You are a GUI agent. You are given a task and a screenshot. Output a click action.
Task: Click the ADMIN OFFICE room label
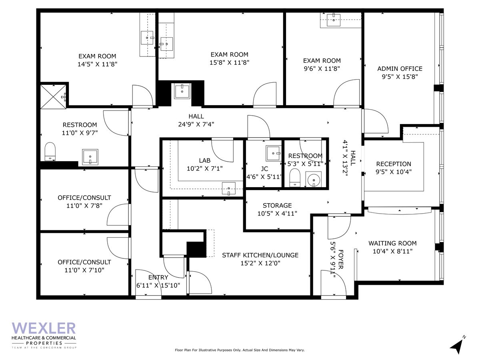click(x=400, y=68)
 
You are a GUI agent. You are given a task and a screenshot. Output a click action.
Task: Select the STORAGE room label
click(x=277, y=205)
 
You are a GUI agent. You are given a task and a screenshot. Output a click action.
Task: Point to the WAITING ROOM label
click(x=392, y=243)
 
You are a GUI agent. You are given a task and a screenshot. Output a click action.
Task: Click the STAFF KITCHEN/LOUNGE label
click(x=260, y=255)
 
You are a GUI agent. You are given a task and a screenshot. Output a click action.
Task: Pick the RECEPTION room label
click(x=393, y=164)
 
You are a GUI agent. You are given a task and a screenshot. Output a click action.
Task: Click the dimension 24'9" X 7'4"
click(x=196, y=124)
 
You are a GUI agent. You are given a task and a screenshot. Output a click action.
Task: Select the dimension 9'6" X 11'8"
click(x=322, y=68)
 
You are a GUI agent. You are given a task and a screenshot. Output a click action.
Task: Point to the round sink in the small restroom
click(x=314, y=180)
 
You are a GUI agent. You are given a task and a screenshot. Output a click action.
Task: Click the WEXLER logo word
click(x=44, y=328)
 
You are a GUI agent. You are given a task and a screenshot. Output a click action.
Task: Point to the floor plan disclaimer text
click(x=240, y=350)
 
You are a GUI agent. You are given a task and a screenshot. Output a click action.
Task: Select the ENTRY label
click(x=158, y=277)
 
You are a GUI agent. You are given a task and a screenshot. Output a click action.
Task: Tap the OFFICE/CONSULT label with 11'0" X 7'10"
click(x=84, y=262)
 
